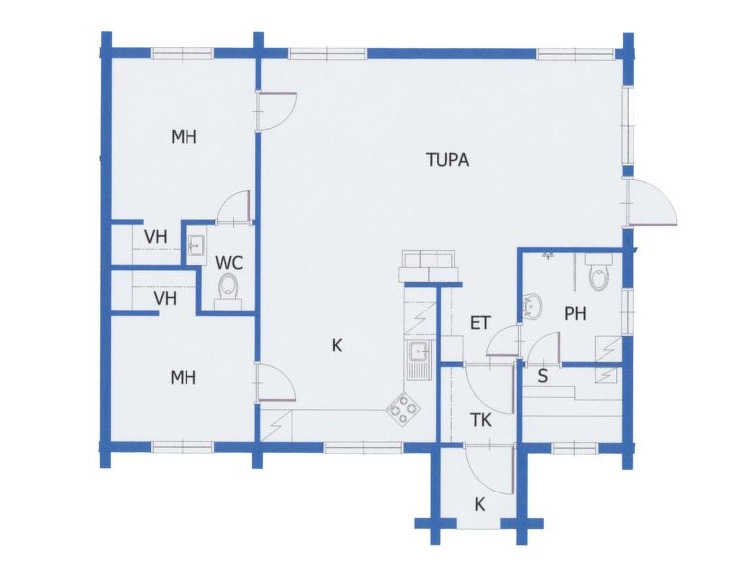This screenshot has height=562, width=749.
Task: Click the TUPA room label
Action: coord(447,160)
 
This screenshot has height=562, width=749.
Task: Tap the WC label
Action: coord(229,263)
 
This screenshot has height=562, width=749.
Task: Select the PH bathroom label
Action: coord(575,314)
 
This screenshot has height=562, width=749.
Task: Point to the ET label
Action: coord(480,323)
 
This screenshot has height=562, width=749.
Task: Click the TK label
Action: coord(480,420)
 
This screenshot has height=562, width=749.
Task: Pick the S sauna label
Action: coord(542,376)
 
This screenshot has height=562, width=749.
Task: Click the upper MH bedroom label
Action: coord(184,137)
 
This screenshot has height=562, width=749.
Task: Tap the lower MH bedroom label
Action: coord(184,378)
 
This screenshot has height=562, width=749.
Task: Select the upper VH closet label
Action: coord(156,236)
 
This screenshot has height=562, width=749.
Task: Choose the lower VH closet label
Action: coord(165,299)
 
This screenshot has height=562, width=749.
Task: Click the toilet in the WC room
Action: coord(229,290)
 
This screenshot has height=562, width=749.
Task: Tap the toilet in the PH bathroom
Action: coord(599,272)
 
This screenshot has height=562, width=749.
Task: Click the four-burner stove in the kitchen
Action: coord(404,409)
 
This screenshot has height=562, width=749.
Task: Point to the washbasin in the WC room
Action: coord(195,247)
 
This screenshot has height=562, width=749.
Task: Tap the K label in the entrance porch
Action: coord(480,504)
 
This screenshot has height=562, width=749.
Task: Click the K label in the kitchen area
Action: coord(337,346)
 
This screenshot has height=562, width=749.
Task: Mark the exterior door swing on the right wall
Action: coord(653,201)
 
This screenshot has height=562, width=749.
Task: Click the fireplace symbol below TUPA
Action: coord(429,266)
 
